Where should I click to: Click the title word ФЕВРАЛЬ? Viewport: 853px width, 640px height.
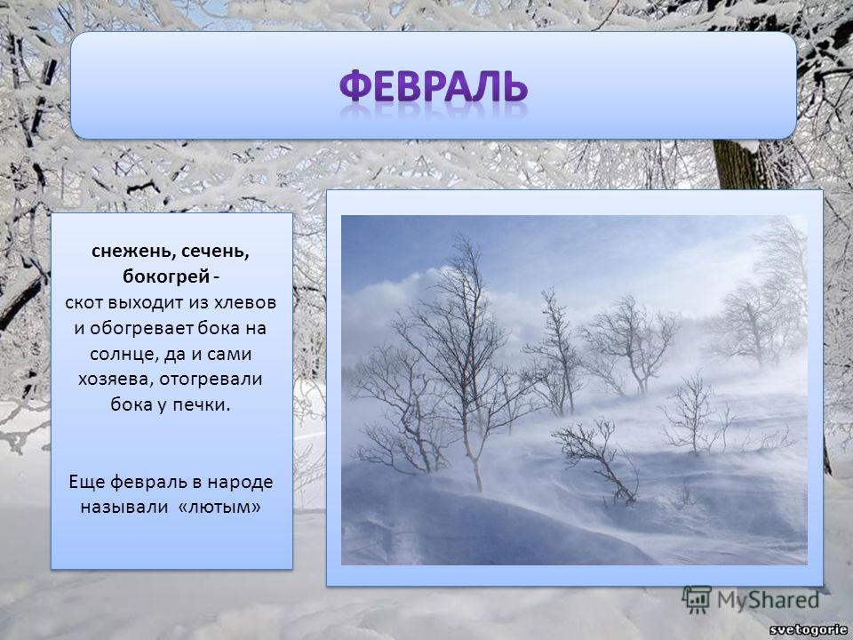pyautogui.click(x=434, y=86)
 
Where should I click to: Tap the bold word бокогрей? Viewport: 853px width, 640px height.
pyautogui.click(x=166, y=276)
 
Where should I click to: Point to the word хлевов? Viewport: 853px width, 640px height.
pyautogui.click(x=245, y=302)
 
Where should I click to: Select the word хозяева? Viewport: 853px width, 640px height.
pyautogui.click(x=116, y=380)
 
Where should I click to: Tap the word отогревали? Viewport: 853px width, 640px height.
pyautogui.click(x=211, y=380)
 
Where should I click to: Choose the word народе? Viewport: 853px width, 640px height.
pyautogui.click(x=240, y=482)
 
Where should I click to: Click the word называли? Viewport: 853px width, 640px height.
pyautogui.click(x=124, y=508)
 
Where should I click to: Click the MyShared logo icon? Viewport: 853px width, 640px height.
pyautogui.click(x=697, y=600)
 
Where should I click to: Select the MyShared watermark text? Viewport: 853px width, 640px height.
pyautogui.click(x=768, y=601)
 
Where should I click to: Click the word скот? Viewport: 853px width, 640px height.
pyautogui.click(x=84, y=303)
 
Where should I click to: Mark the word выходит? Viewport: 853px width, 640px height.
pyautogui.click(x=146, y=303)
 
